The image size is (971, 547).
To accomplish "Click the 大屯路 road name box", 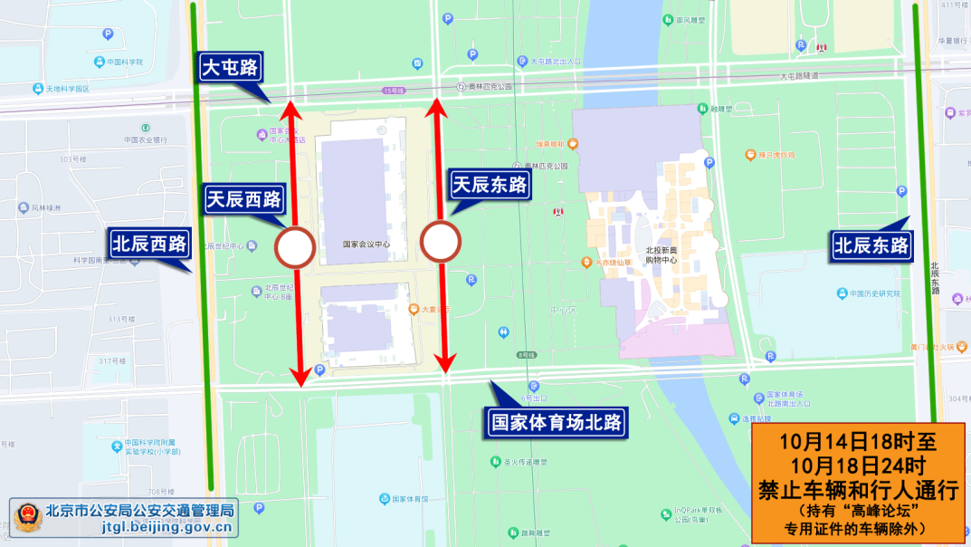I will [x=230, y=67].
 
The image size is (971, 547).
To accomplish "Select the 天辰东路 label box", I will [x=490, y=187].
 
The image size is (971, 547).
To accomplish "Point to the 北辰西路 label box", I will [x=149, y=244].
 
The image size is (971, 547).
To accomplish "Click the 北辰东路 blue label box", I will [x=871, y=245].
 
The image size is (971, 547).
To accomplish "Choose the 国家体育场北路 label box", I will [x=557, y=422].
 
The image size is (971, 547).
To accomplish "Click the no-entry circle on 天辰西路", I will [x=295, y=248].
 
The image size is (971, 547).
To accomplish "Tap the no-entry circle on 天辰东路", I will [x=441, y=242].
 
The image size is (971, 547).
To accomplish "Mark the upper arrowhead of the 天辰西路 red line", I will [x=290, y=110].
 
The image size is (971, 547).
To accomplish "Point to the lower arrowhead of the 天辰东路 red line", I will [x=444, y=364].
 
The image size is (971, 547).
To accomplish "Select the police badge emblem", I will [x=26, y=518].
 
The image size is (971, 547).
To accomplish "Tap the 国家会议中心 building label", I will [x=367, y=244].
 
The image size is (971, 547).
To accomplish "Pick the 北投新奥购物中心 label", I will [x=661, y=254].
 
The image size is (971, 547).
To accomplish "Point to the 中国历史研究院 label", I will [x=875, y=293].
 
